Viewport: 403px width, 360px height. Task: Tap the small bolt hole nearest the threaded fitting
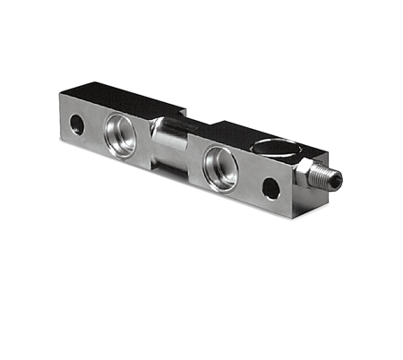270,187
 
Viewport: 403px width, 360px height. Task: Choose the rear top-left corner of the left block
88,81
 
